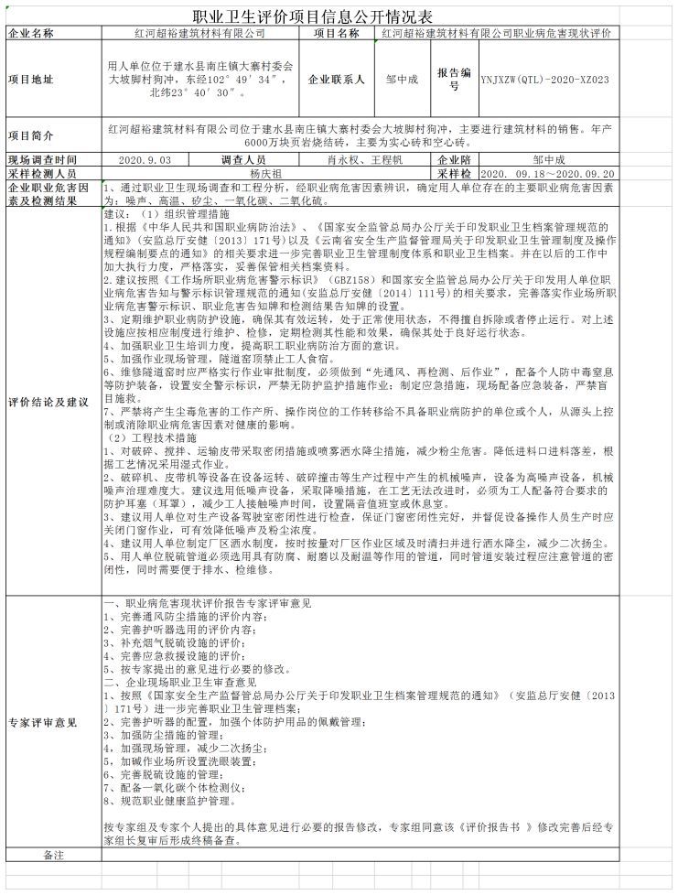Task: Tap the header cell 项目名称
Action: [x=337, y=33]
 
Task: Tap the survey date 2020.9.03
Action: [x=145, y=159]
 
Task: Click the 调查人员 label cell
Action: [x=243, y=159]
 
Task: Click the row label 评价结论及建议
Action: [x=48, y=403]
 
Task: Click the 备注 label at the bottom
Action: [x=55, y=853]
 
